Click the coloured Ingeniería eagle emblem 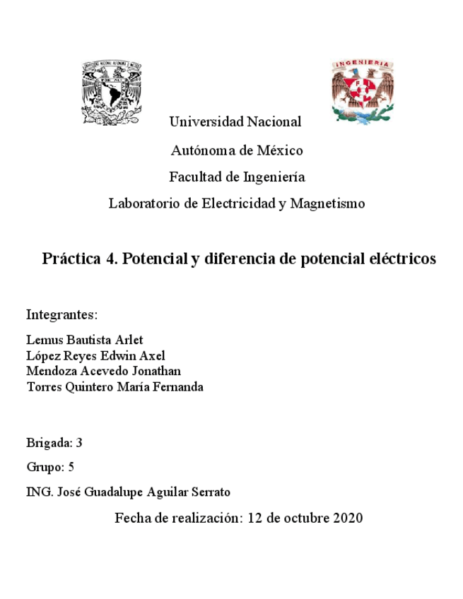tap(362, 90)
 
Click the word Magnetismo tap(327, 203)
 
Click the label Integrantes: tap(61, 314)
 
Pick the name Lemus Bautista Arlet tap(84, 340)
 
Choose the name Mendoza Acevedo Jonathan tap(103, 371)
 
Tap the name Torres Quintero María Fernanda tap(115, 386)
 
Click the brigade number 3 tap(80, 444)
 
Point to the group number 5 tap(71, 467)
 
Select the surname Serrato tap(210, 492)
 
